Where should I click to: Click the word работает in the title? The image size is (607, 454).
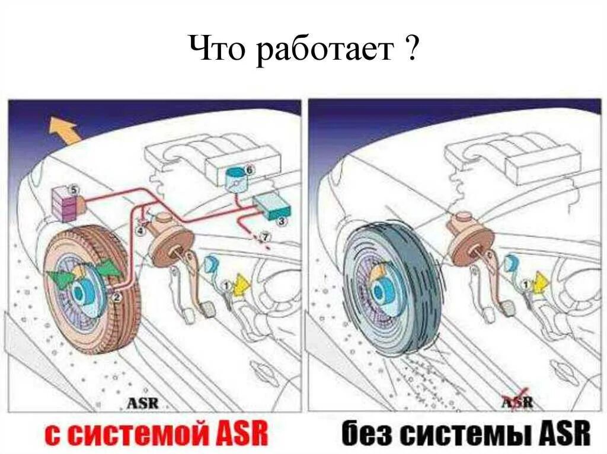(325, 51)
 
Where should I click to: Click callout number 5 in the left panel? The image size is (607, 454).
(73, 190)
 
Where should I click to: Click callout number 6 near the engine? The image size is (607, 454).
(249, 170)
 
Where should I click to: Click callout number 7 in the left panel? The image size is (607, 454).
(265, 236)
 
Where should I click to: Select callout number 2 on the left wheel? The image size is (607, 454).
(117, 298)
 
